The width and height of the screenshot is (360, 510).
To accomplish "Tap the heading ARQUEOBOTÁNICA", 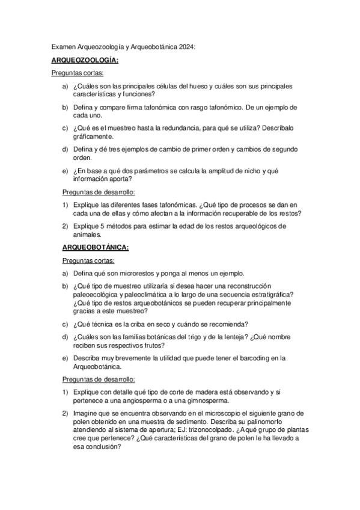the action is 95,247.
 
